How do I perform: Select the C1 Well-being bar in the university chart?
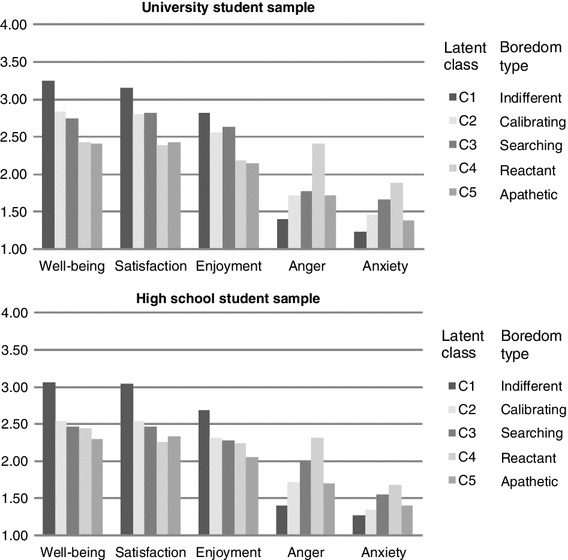click(48, 164)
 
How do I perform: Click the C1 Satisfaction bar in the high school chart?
click(126, 459)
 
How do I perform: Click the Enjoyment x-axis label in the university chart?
click(230, 266)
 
